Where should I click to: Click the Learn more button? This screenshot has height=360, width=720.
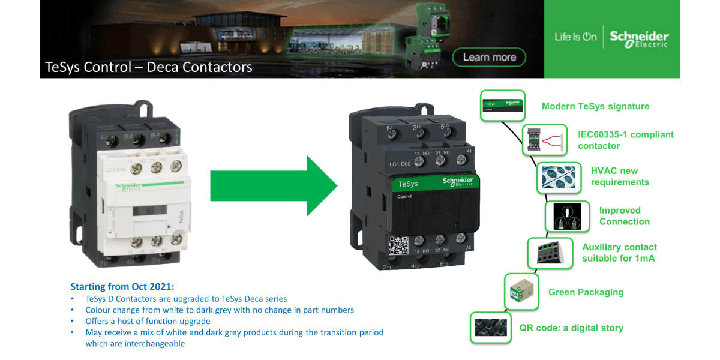[490, 58]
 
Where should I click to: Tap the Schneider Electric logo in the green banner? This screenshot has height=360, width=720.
[639, 38]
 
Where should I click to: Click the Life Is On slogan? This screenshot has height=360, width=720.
[575, 37]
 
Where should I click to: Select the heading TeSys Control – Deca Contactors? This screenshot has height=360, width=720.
[149, 67]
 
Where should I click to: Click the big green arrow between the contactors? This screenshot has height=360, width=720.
[273, 186]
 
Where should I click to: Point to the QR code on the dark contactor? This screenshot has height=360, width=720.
[398, 246]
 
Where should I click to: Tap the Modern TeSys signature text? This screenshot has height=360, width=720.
[595, 106]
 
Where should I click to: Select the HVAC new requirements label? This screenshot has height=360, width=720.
[620, 176]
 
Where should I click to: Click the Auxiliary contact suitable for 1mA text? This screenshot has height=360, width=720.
[619, 253]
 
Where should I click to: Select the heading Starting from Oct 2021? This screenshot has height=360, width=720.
[122, 286]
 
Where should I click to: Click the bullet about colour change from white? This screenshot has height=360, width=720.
[220, 310]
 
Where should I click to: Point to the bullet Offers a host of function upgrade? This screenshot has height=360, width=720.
[148, 321]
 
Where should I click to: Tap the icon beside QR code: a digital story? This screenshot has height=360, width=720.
[491, 328]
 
